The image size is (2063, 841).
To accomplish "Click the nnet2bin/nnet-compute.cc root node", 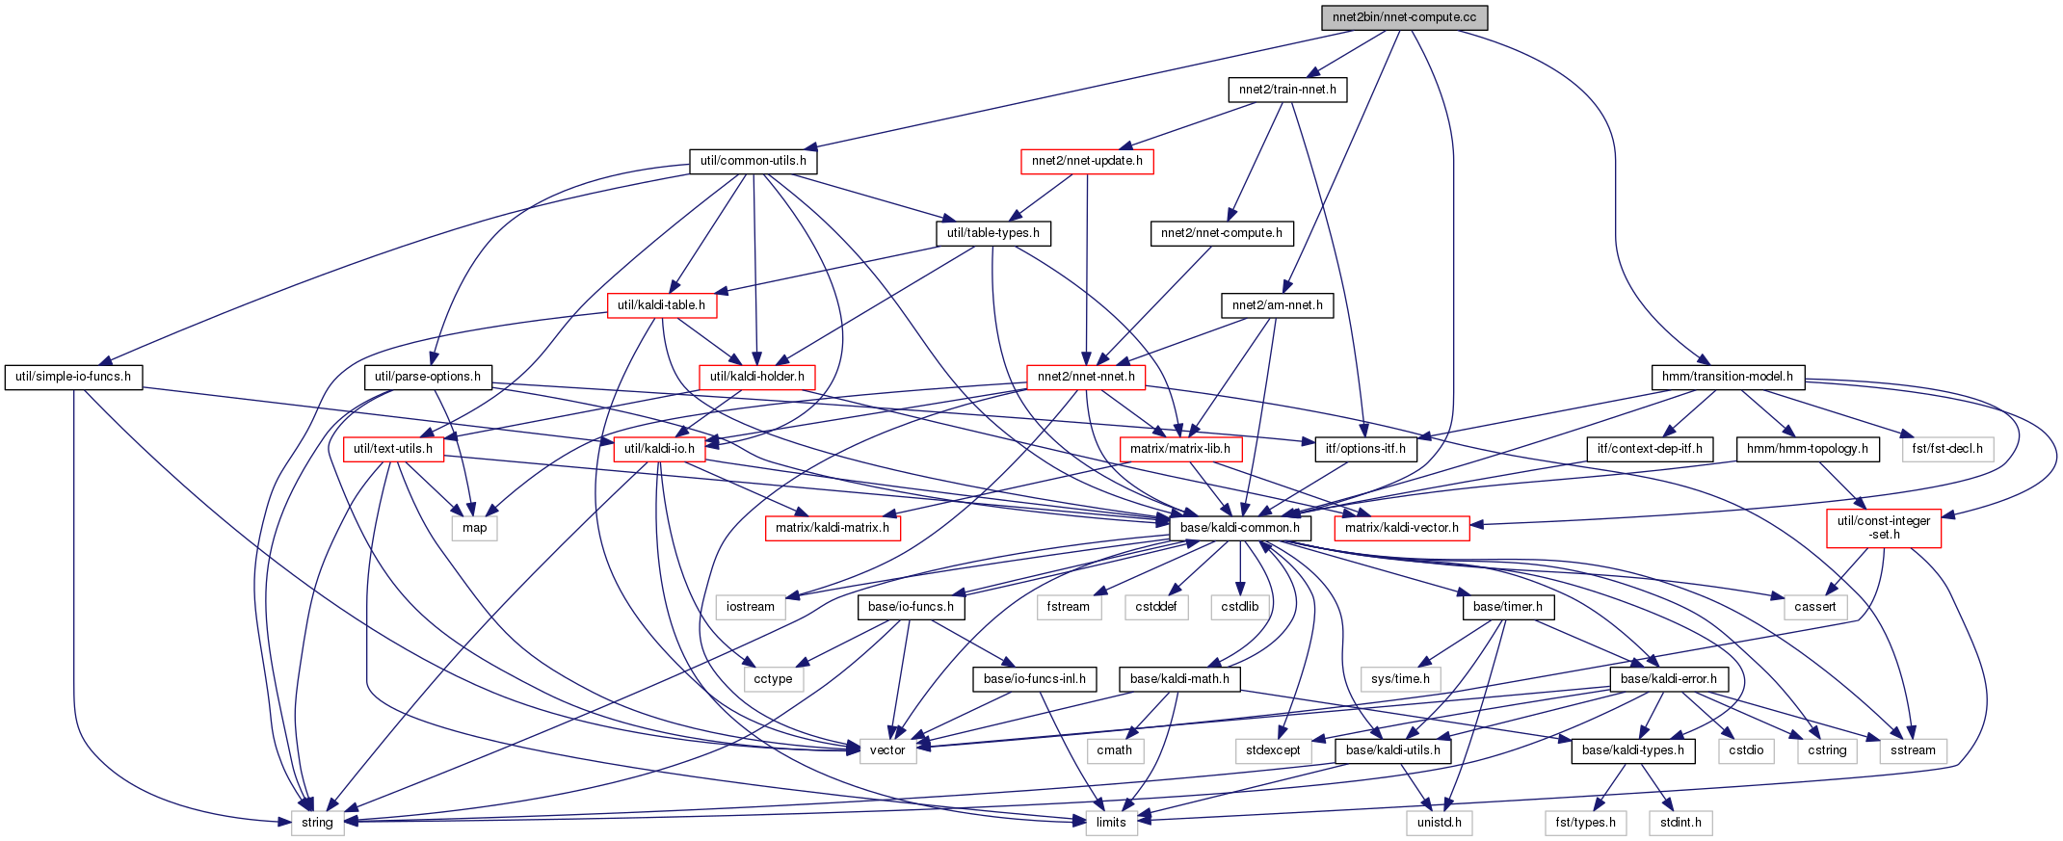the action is pyautogui.click(x=1404, y=17).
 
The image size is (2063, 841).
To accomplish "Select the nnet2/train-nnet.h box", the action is pyautogui.click(x=1287, y=90).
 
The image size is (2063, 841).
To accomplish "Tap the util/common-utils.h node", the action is pyautogui.click(x=754, y=161).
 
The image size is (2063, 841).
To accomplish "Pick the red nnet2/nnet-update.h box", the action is pyautogui.click(x=1087, y=161).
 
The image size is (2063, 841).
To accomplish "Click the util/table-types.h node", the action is pyautogui.click(x=993, y=233).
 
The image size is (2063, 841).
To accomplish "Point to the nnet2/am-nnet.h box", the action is pyautogui.click(x=1278, y=305).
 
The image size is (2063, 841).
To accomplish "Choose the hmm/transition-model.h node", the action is pyautogui.click(x=1728, y=377).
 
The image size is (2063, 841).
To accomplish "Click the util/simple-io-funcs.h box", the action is pyautogui.click(x=73, y=377).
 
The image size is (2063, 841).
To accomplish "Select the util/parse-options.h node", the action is pyautogui.click(x=428, y=377).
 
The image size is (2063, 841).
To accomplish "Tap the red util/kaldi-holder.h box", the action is pyautogui.click(x=757, y=377).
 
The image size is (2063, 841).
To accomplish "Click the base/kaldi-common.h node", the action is pyautogui.click(x=1240, y=528).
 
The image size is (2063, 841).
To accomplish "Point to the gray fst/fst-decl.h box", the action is pyautogui.click(x=1947, y=449).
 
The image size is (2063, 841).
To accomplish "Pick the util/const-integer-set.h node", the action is pyautogui.click(x=1884, y=528).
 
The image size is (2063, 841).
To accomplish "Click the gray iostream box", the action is pyautogui.click(x=751, y=607).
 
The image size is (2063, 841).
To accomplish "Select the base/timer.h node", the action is pyautogui.click(x=1508, y=607).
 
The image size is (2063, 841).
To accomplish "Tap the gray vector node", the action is pyautogui.click(x=887, y=750).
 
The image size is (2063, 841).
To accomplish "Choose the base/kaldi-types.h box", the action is pyautogui.click(x=1633, y=750).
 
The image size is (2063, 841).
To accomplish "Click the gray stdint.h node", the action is pyautogui.click(x=1680, y=823).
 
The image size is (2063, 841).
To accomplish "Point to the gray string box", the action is pyautogui.click(x=317, y=823).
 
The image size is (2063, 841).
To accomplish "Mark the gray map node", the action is pyautogui.click(x=475, y=528).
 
